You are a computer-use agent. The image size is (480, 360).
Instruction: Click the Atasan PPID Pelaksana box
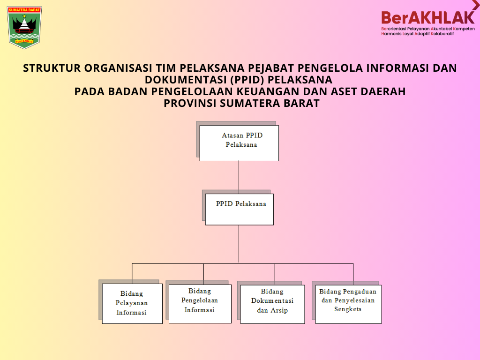[x=239, y=143]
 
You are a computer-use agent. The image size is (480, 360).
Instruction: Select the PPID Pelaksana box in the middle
[x=240, y=209]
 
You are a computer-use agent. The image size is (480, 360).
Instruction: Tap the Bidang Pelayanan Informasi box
[x=132, y=303]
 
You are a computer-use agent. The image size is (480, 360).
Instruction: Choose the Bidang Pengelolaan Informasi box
[x=200, y=304]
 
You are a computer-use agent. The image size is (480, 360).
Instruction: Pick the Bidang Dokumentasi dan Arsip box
[x=272, y=304]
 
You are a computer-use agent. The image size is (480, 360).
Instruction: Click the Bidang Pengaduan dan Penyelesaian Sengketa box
[x=348, y=304]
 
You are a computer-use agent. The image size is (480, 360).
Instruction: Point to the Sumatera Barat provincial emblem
[x=25, y=27]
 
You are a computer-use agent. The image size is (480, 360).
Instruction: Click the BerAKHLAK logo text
[x=427, y=17]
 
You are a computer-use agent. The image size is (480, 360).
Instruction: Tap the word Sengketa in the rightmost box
[x=348, y=309]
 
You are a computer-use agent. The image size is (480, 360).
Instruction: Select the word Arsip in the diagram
[x=279, y=310]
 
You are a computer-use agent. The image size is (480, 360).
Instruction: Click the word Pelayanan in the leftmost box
[x=132, y=303]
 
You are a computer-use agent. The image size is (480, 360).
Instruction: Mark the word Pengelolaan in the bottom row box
[x=200, y=300]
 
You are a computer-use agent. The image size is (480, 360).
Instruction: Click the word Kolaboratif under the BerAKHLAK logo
[x=442, y=34]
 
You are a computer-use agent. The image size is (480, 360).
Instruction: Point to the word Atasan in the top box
[x=233, y=135]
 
